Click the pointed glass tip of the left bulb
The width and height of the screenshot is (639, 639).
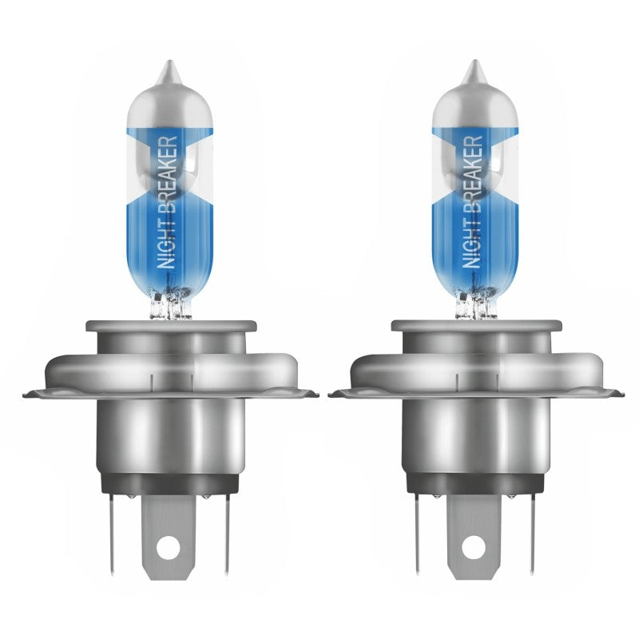(x=169, y=70)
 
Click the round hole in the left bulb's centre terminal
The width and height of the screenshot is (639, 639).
(x=169, y=547)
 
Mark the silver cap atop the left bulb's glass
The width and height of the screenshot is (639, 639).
(x=169, y=104)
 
